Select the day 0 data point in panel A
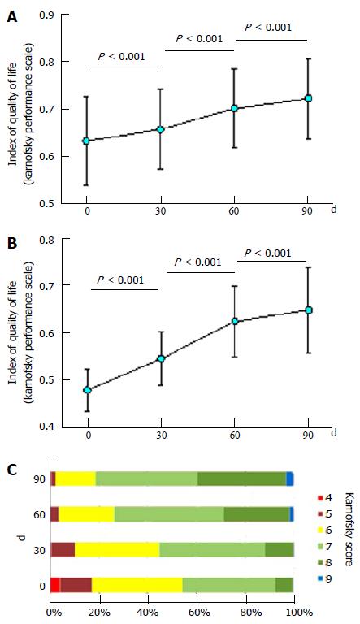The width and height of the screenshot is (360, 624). (x=86, y=141)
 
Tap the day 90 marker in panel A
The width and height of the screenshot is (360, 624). (x=308, y=98)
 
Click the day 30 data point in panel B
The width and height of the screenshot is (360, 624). (x=161, y=358)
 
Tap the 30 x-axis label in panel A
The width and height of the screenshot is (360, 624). (x=161, y=211)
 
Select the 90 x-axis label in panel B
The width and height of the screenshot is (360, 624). (x=308, y=435)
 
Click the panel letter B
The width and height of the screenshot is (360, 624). (x=12, y=244)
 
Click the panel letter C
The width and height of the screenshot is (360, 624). (x=12, y=470)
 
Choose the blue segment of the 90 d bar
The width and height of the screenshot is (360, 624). (x=290, y=479)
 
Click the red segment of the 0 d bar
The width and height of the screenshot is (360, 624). (x=55, y=585)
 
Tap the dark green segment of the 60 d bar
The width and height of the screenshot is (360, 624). (x=257, y=514)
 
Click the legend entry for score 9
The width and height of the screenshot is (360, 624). (x=324, y=578)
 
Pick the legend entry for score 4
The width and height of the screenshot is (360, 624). (x=324, y=497)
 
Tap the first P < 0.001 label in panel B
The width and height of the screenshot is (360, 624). (x=120, y=280)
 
